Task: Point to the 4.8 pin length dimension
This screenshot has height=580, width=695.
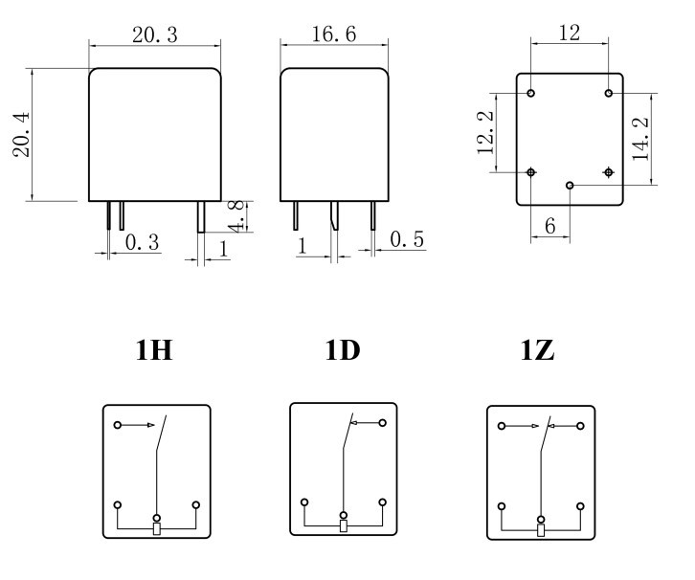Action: [x=237, y=216]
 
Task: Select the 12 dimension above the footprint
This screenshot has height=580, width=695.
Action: [x=570, y=33]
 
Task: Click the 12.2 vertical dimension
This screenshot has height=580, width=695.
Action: [x=485, y=132]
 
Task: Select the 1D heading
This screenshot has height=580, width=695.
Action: [x=342, y=351]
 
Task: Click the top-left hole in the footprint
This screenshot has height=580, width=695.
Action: [x=531, y=93]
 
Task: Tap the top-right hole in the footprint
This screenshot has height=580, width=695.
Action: [x=609, y=93]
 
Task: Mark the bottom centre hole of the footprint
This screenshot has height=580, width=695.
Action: [x=570, y=185]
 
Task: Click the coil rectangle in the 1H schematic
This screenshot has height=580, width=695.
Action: [x=157, y=528]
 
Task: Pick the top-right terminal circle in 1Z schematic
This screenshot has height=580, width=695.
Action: [x=580, y=426]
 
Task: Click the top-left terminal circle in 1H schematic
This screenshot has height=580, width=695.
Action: [x=118, y=425]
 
